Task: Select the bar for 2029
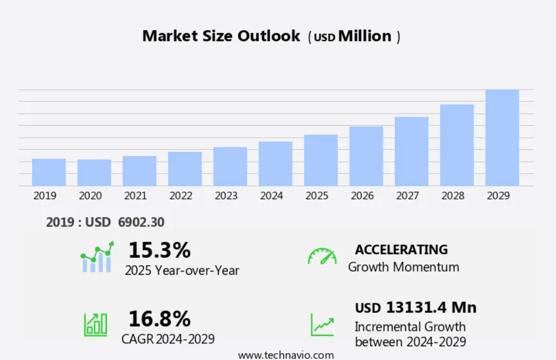[x=502, y=138]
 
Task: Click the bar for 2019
[x=49, y=172]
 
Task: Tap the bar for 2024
[x=275, y=163]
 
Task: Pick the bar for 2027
[x=411, y=151]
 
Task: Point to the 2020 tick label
[x=90, y=195]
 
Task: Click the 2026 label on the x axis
[x=362, y=195]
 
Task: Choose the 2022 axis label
[x=181, y=195]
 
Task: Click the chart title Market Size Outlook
[x=221, y=36]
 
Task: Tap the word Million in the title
[x=365, y=36]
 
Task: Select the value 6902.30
[x=141, y=222]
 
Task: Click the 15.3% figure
[x=159, y=250]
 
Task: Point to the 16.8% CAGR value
[x=159, y=318]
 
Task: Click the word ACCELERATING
[x=401, y=250]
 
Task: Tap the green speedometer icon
[x=322, y=257]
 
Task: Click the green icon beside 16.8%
[x=95, y=324]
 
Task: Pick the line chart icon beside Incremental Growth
[x=322, y=324]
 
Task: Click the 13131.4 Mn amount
[x=431, y=307]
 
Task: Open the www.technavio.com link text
[x=286, y=355]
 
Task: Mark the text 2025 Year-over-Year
[x=182, y=270]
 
